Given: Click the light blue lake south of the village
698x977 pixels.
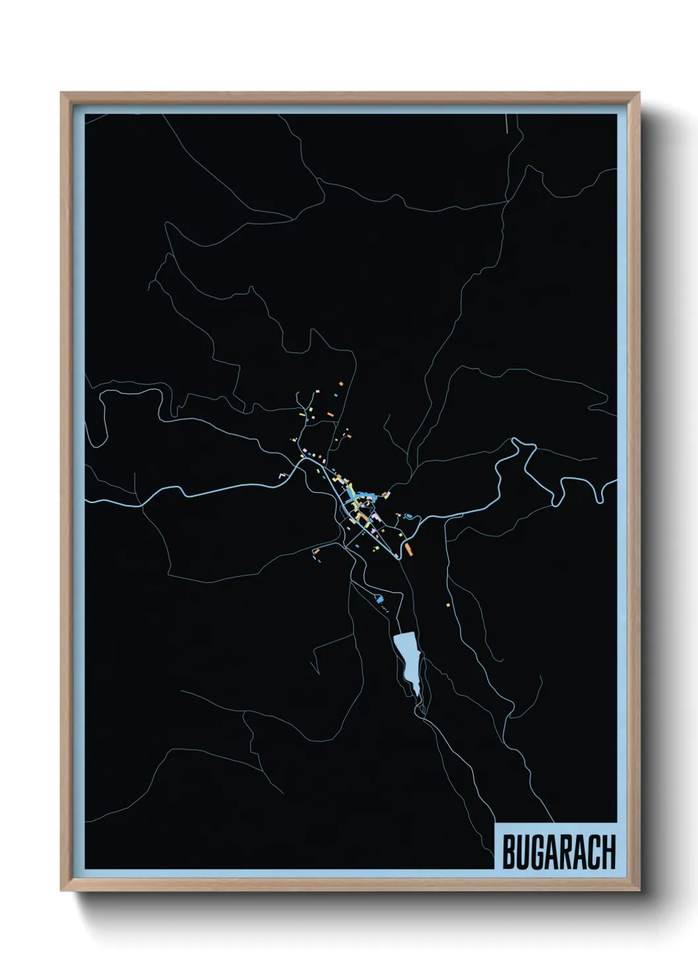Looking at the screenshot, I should click(x=406, y=657).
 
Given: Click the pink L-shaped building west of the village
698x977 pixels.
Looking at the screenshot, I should click(x=283, y=474).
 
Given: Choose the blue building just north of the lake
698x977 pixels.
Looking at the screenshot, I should click(x=379, y=599).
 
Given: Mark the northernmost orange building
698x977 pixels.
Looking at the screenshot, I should click(x=341, y=383).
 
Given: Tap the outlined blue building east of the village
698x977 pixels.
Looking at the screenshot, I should click(x=408, y=516).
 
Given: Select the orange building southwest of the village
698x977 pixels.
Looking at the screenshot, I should click(x=316, y=551).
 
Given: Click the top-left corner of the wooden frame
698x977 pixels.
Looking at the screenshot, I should click(x=61, y=93).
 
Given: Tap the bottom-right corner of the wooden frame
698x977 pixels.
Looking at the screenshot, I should click(x=639, y=890).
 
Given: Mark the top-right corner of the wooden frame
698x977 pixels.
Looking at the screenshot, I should click(x=639, y=93).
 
